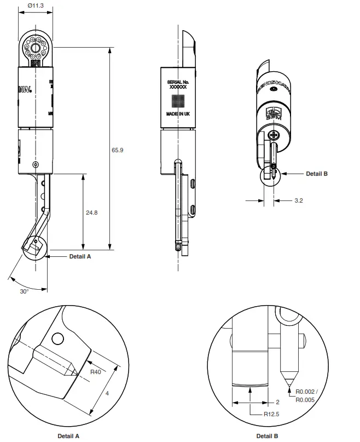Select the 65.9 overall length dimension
pos(118,150)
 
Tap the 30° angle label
pos(24,291)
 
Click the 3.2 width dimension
pos(299,200)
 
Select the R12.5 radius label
pos(271,414)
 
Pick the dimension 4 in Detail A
pos(107,393)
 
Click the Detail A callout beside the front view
pos(80,256)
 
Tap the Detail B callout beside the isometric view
pos(316,174)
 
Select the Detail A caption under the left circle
pos(69,436)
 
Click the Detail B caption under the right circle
pos(267,436)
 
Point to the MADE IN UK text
pos(178,114)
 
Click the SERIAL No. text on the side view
pos(178,82)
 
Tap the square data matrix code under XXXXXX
pos(178,100)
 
